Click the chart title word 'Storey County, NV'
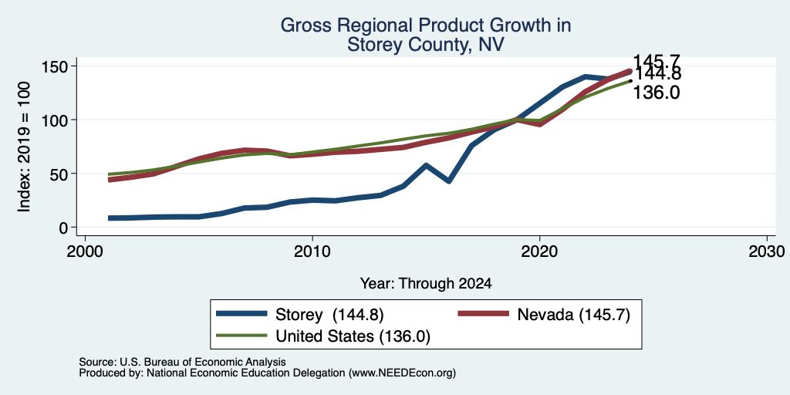[426, 45]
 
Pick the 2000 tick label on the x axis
[85, 251]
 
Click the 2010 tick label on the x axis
[312, 251]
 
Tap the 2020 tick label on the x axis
[539, 251]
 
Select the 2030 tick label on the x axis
[767, 251]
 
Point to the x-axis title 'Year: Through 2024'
[426, 284]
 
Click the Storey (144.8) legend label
[329, 315]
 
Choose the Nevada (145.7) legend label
[573, 315]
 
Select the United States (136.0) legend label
[353, 336]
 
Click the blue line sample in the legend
[241, 314]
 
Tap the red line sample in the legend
[483, 314]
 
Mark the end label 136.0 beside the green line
[656, 93]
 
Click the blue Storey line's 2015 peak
[426, 165]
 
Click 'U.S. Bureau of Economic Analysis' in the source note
[203, 362]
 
